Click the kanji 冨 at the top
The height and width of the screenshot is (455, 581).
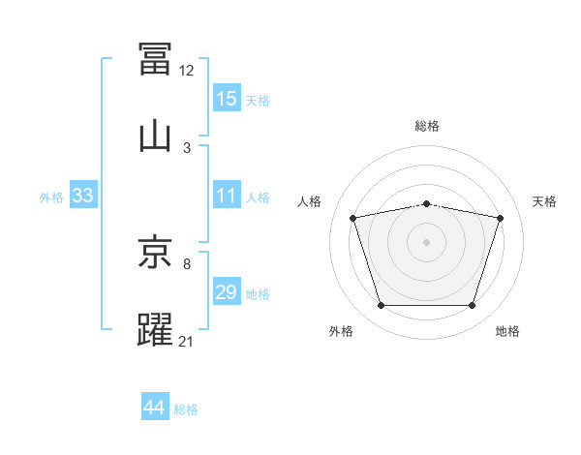[x=155, y=58]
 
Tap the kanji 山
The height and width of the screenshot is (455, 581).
[x=155, y=137]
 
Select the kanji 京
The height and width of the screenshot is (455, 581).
[x=155, y=251]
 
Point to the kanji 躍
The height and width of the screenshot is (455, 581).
[x=155, y=329]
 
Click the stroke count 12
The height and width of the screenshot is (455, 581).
[x=186, y=71]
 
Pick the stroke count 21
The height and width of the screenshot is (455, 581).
[x=185, y=341]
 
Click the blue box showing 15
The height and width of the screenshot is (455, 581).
[x=227, y=98]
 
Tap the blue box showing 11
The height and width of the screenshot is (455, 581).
[x=227, y=195]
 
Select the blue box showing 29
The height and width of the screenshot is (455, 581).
[x=227, y=290]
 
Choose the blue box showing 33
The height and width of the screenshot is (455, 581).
[x=83, y=195]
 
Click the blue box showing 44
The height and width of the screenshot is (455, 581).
[x=155, y=406]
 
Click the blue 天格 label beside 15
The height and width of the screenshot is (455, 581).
[x=258, y=101]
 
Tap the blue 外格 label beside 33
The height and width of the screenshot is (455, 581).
[x=51, y=197]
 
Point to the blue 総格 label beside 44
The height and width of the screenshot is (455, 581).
[x=186, y=409]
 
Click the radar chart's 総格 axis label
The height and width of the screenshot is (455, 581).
[x=427, y=126]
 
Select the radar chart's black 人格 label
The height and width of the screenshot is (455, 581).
[x=309, y=201]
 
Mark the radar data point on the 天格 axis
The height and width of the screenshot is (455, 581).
[x=500, y=218]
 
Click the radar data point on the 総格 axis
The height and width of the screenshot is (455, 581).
[x=426, y=204]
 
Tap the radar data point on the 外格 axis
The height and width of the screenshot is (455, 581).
[x=381, y=305]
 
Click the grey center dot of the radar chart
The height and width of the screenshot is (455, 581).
[x=426, y=242]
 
